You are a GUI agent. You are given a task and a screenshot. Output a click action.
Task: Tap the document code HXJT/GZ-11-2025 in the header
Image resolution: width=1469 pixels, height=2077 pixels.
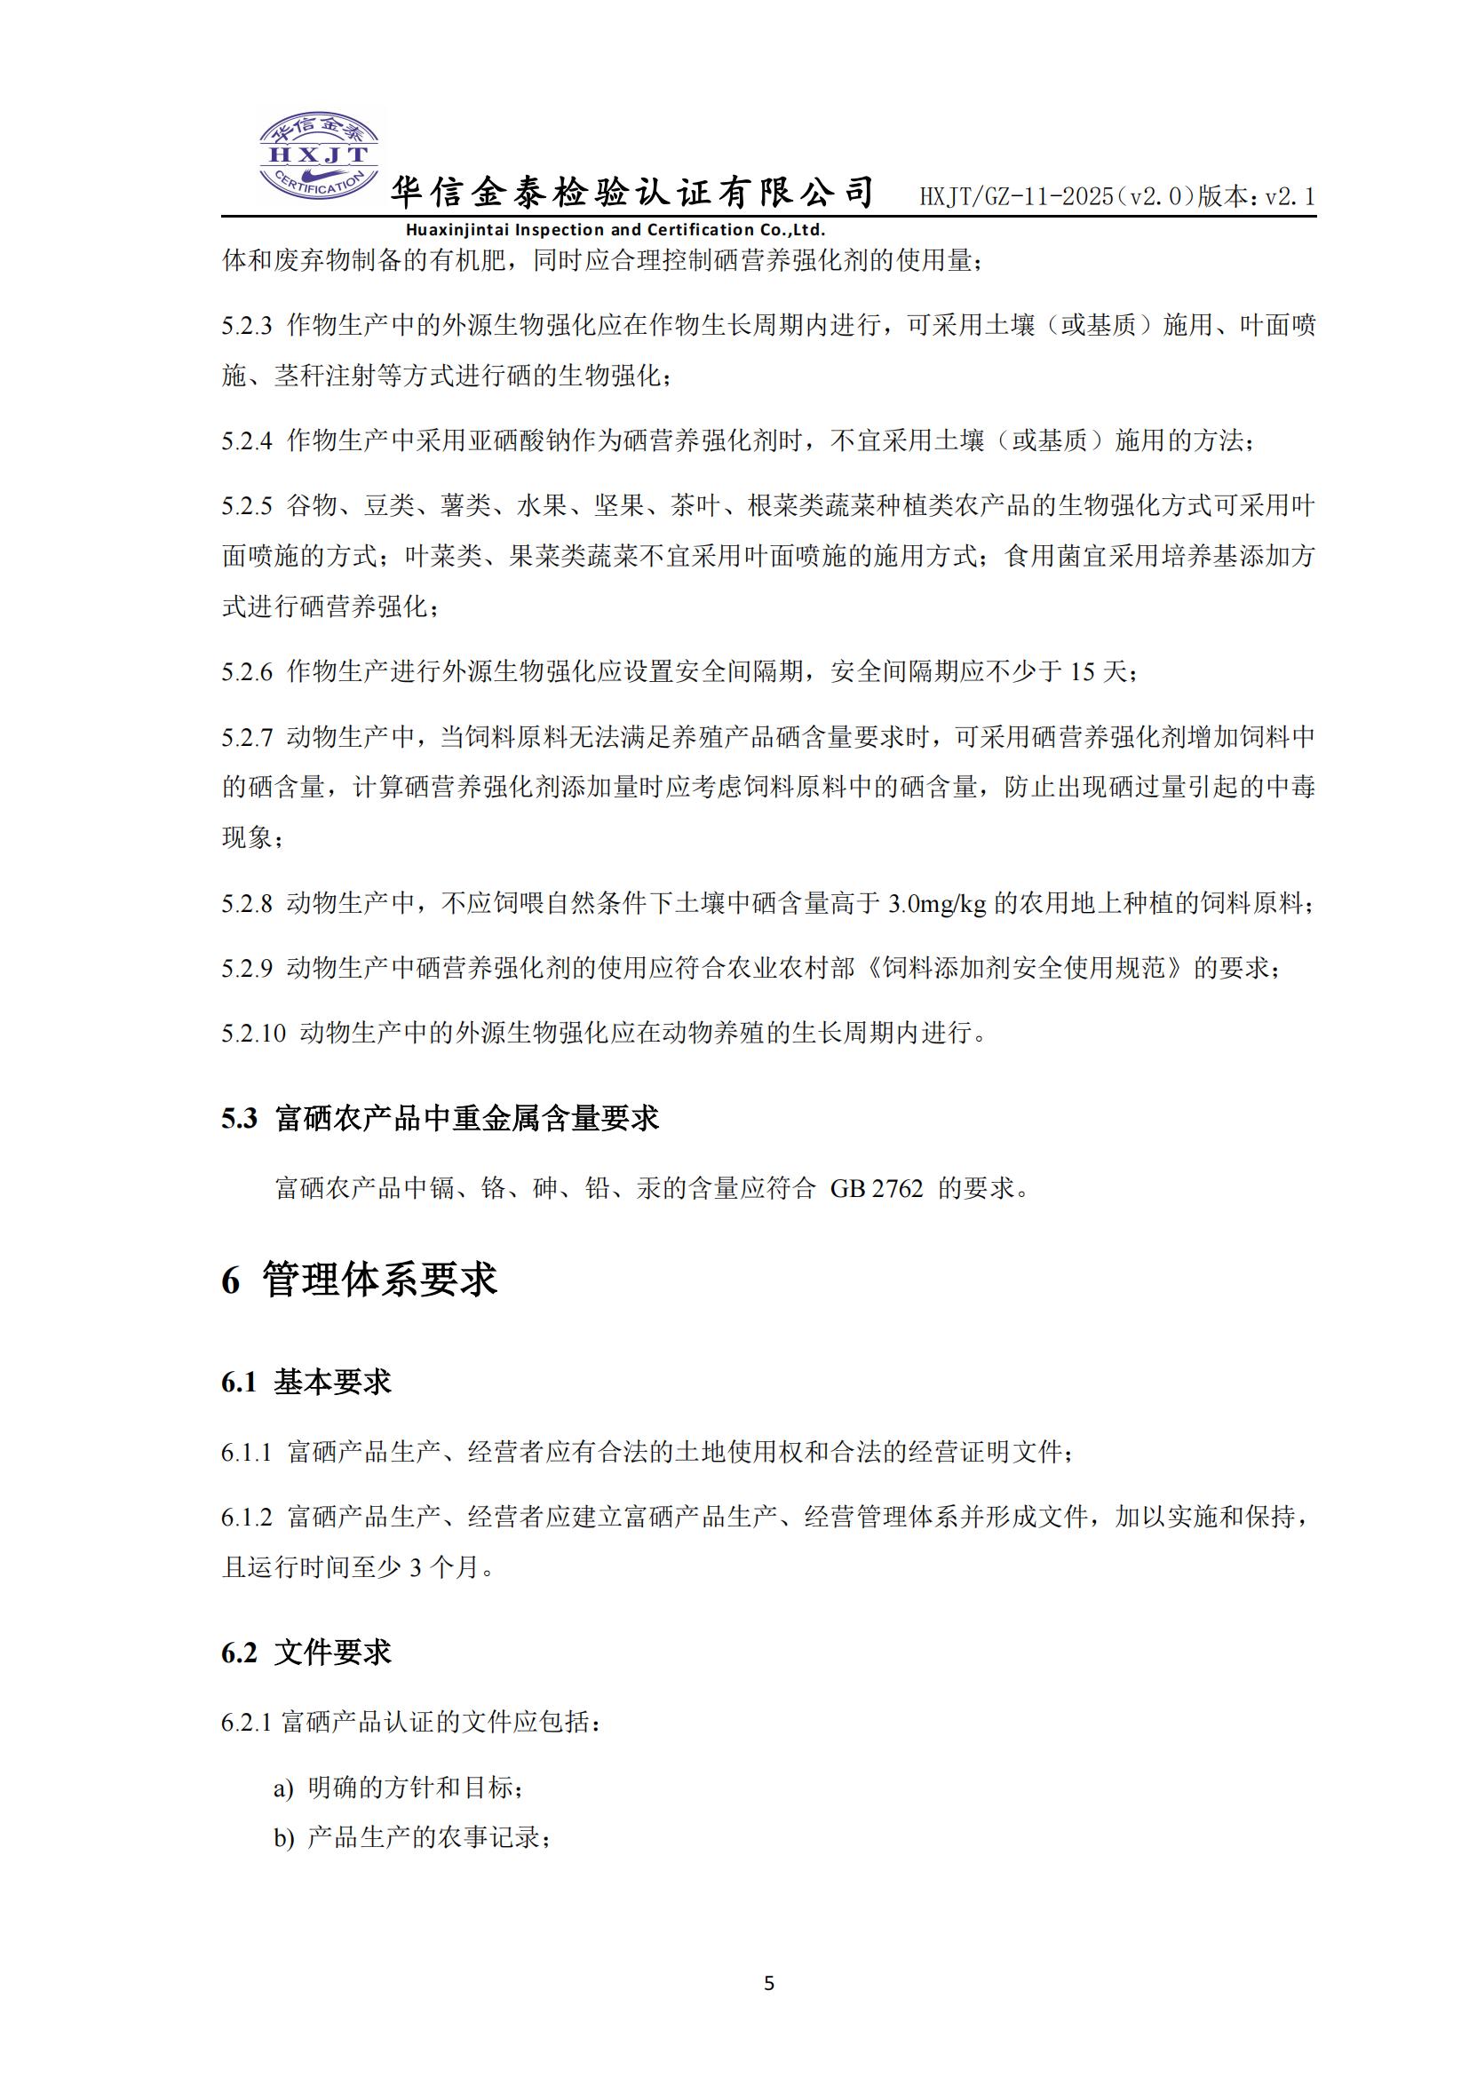1016,196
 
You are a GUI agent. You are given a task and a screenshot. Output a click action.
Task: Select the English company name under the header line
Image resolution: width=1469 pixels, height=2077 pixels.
615,230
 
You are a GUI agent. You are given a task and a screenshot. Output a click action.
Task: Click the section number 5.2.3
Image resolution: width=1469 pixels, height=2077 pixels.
246,326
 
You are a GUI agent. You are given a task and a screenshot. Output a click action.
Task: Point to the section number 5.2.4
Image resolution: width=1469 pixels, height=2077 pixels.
246,441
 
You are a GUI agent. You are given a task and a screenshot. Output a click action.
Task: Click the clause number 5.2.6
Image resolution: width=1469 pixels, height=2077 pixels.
246,672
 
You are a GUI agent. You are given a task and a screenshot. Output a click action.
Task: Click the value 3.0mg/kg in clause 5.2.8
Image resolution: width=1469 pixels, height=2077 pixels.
937,903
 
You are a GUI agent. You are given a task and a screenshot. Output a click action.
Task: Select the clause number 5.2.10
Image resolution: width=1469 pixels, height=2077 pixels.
253,1033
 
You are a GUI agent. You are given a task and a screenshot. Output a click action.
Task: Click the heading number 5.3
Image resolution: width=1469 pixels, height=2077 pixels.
240,1119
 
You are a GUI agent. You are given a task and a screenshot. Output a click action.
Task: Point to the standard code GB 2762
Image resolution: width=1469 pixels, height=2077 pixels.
877,1188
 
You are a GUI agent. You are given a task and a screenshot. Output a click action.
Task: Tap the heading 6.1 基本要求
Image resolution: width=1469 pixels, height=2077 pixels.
306,1383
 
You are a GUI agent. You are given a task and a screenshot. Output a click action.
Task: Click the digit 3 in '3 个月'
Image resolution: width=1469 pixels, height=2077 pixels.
416,1567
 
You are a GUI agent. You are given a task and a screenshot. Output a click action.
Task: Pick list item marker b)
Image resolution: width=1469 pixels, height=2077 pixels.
284,1838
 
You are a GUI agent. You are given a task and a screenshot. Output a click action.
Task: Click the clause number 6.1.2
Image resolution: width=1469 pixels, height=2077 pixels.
246,1518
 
